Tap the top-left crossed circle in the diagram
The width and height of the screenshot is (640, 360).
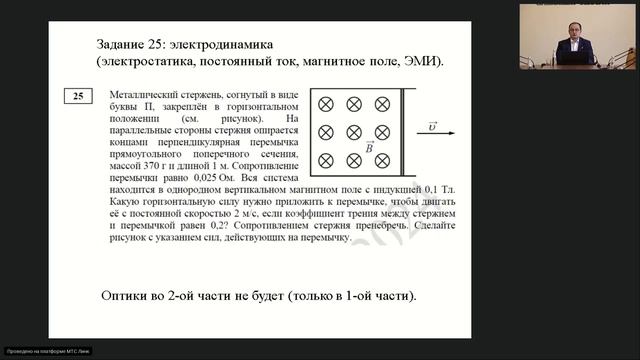pyautogui.click(x=325, y=105)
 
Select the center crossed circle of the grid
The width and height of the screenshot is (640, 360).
pyautogui.click(x=353, y=132)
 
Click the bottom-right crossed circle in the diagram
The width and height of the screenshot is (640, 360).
pyautogui.click(x=381, y=160)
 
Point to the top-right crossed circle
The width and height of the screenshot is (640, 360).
pyautogui.click(x=381, y=105)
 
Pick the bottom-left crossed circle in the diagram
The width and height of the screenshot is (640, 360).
pyautogui.click(x=325, y=160)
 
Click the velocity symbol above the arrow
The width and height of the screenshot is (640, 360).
pyautogui.click(x=432, y=125)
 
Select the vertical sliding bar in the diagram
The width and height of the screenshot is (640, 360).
pyautogui.click(x=402, y=132)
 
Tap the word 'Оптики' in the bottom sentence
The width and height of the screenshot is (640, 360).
pyautogui.click(x=126, y=297)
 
